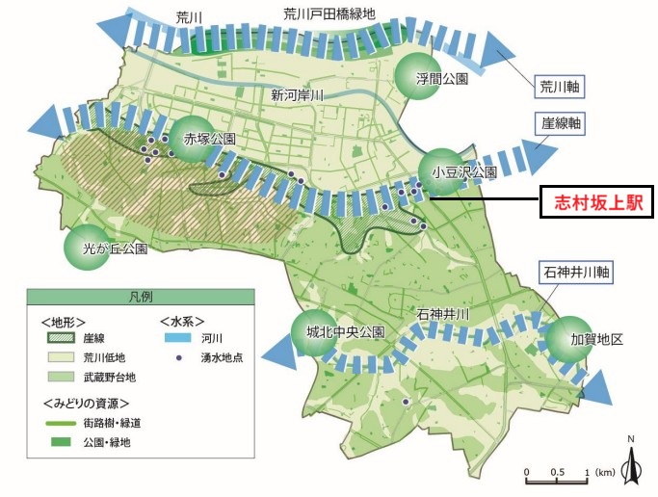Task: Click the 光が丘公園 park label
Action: (115, 248)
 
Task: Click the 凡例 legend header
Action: (142, 297)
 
